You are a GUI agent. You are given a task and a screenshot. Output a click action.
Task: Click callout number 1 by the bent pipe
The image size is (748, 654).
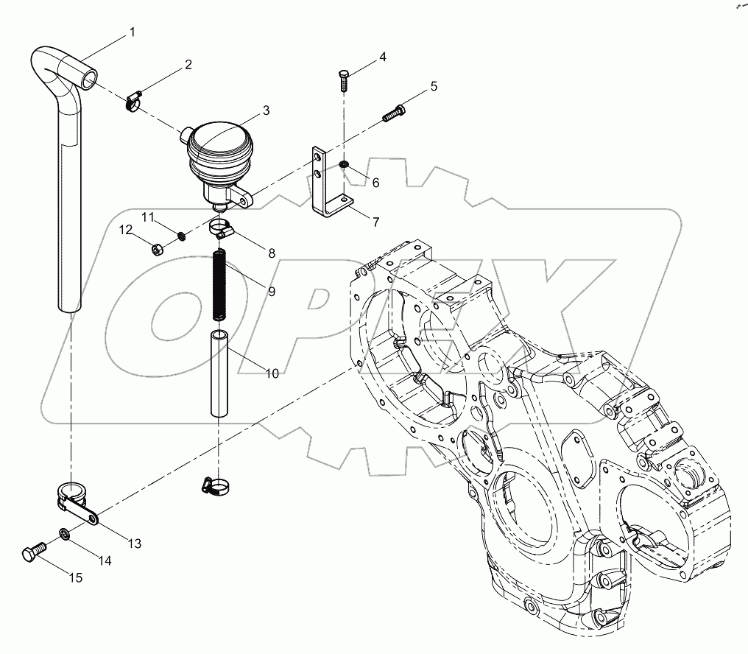click(x=132, y=32)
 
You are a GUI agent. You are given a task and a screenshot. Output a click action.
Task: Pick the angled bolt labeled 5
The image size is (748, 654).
click(x=393, y=113)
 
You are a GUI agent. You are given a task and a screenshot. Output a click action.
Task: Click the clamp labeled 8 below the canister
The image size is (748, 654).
click(x=221, y=228)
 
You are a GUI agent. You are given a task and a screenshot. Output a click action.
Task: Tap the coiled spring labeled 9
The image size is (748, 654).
click(x=219, y=285)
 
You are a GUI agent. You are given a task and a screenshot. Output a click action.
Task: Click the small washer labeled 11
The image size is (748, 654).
click(x=180, y=236)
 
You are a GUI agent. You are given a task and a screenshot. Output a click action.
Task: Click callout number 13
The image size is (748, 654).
click(x=134, y=544)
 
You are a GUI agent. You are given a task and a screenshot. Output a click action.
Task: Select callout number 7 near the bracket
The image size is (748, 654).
click(x=375, y=222)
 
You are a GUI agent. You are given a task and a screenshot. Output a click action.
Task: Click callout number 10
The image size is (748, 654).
click(x=272, y=373)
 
